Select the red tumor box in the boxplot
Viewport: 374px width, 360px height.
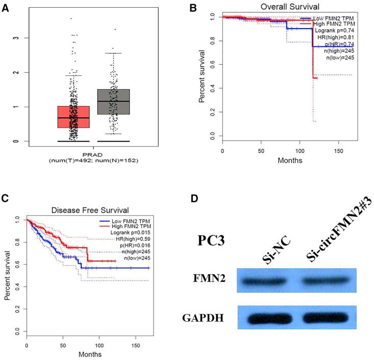point(73,123)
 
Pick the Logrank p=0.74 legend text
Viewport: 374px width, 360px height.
point(333,31)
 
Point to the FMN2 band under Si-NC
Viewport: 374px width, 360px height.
point(269,280)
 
